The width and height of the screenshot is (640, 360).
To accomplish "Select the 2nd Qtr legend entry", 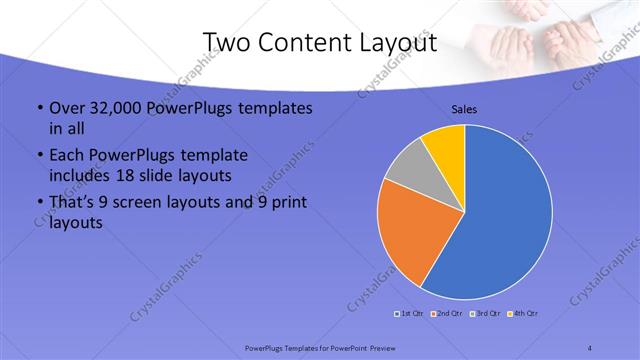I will point(446,314).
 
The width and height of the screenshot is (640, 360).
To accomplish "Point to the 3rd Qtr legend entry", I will point(486,314).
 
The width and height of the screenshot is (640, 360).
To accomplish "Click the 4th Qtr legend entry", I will point(524,314).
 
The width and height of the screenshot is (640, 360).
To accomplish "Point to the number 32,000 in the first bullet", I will point(112,108).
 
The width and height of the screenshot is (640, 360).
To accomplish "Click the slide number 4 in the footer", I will point(590,347).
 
